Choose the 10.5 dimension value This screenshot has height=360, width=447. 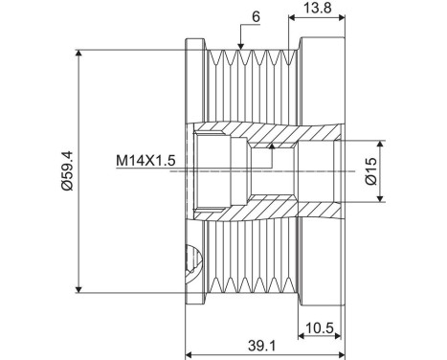coord(319,327)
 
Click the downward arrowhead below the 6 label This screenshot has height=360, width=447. coord(241,47)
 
